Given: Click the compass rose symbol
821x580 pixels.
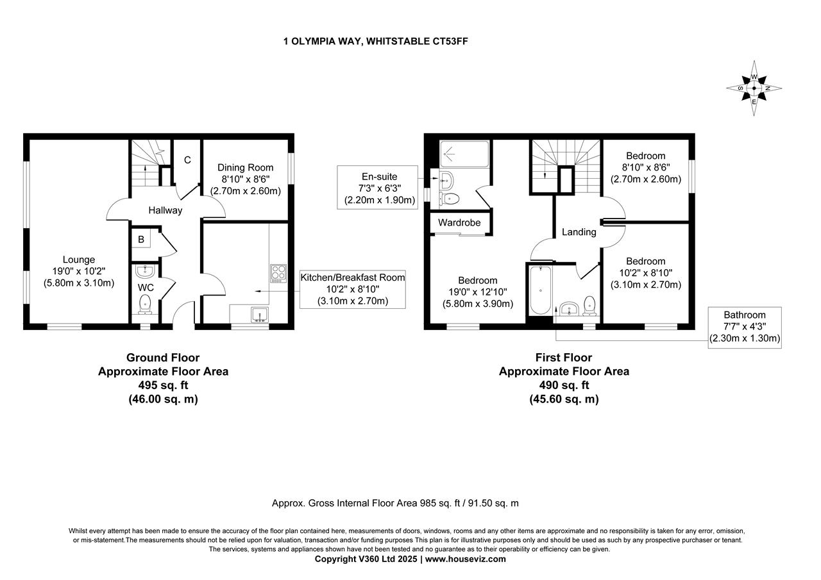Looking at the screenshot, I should click(x=754, y=88).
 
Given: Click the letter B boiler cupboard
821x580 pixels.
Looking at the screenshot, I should click(x=141, y=240).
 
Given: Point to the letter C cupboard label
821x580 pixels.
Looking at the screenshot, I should click(x=187, y=160).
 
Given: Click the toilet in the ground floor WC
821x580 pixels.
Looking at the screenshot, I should click(x=146, y=306).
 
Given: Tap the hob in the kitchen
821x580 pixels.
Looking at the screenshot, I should click(x=278, y=273).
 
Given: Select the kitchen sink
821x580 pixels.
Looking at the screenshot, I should click(x=260, y=314).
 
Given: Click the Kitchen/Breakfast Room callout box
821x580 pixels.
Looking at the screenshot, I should click(x=353, y=289).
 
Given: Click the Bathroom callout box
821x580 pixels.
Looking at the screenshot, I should click(x=744, y=327).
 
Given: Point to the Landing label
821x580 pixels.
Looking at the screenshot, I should click(x=579, y=232).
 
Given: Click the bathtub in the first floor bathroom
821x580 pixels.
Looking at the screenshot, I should click(x=540, y=292).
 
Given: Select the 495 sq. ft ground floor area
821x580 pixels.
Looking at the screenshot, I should click(x=163, y=385).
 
